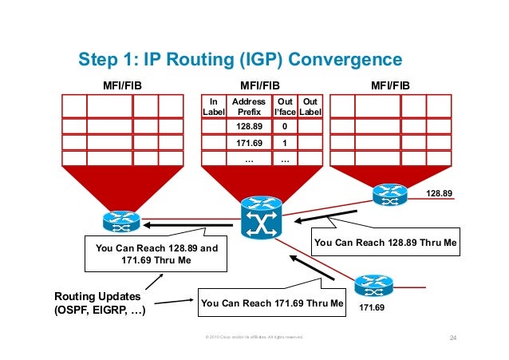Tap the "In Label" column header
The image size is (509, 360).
coord(213,107)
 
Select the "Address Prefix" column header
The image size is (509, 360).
coord(249,107)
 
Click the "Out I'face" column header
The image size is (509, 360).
coord(284,107)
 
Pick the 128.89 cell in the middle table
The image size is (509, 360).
coord(249,127)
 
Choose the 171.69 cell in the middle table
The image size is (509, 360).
coord(249,142)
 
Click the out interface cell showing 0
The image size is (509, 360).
coord(284,127)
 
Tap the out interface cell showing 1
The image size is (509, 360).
coord(284,142)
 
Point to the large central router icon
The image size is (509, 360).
coord(262,217)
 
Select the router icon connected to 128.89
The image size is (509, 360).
coord(389,194)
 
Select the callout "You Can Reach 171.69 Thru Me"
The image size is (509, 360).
coord(272,303)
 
